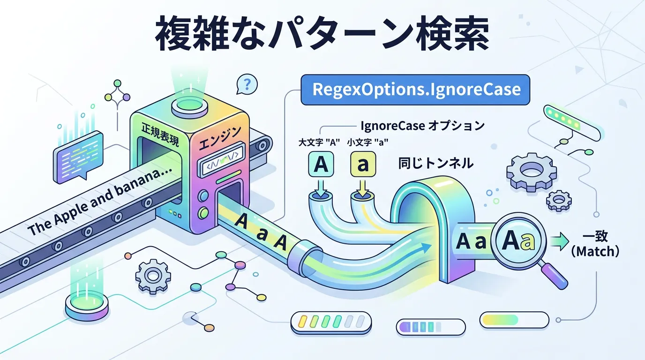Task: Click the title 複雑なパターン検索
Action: pos(322,35)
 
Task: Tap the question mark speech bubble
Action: pos(247,84)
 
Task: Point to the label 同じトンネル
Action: pos(435,164)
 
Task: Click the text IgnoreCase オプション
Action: pos(422,126)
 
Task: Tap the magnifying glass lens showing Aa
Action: pos(518,241)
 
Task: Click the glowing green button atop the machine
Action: pos(189,106)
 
